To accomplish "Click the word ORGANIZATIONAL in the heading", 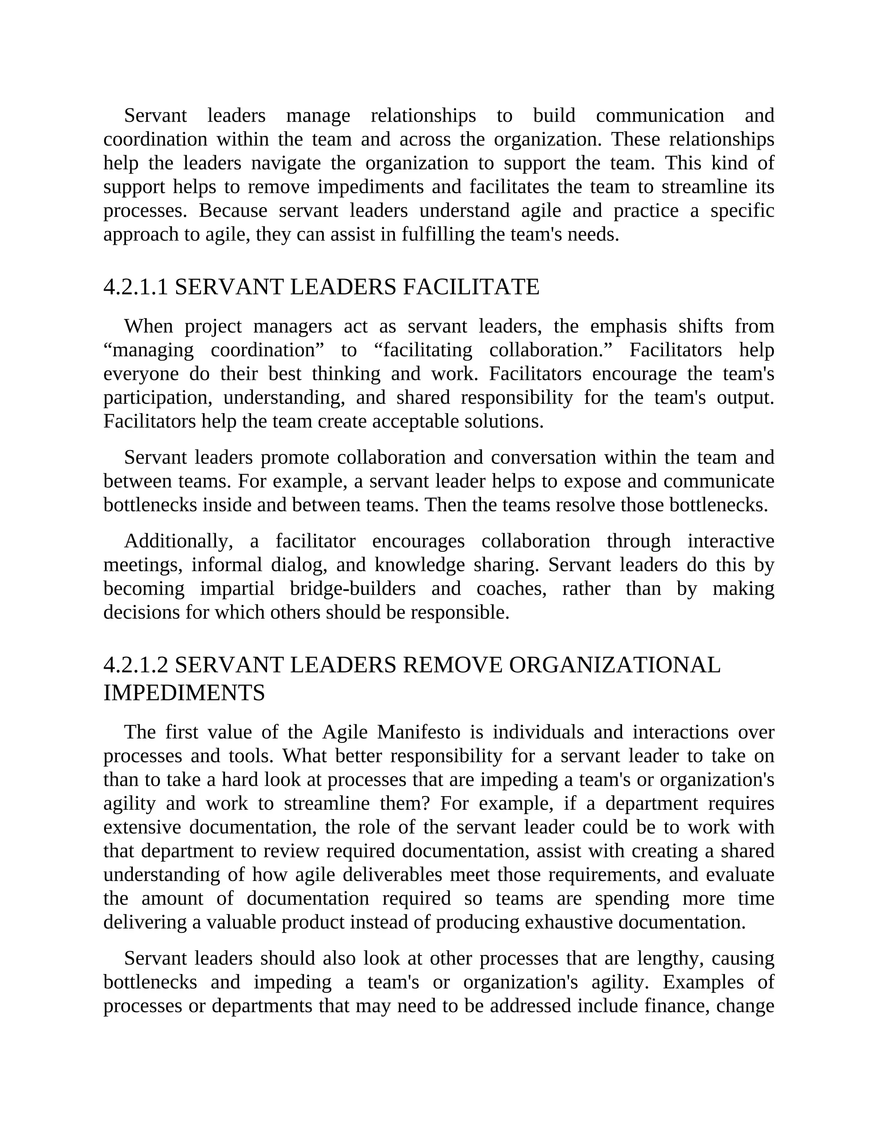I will point(614,665).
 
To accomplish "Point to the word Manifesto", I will point(419,732).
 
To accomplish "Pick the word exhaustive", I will point(568,922).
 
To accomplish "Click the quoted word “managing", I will point(148,350).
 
